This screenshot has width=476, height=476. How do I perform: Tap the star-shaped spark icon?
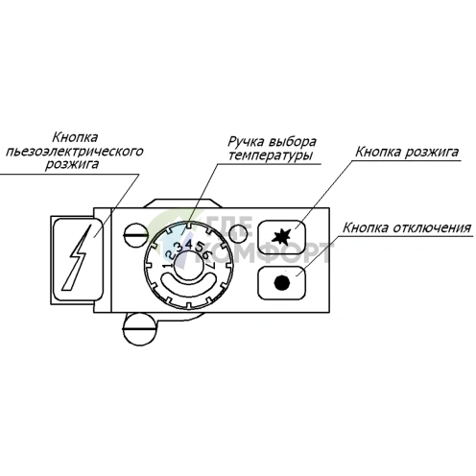click(281, 237)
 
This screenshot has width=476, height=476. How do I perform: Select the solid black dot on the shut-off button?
click(282, 283)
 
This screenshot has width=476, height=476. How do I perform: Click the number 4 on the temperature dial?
click(189, 245)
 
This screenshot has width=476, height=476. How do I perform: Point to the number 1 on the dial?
click(166, 266)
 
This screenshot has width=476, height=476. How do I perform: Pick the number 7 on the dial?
click(212, 265)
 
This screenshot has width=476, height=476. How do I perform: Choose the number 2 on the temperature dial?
click(170, 255)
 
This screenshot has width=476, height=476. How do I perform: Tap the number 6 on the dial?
click(207, 255)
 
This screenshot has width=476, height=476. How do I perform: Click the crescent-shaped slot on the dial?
click(188, 283)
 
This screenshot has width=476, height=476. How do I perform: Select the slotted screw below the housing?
click(139, 329)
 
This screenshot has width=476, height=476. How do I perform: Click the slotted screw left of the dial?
click(136, 235)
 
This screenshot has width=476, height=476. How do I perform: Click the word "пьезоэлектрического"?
click(75, 152)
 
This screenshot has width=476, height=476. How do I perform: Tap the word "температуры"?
click(271, 155)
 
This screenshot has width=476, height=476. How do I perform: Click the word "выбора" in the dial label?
click(293, 141)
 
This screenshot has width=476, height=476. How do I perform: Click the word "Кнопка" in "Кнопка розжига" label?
click(378, 152)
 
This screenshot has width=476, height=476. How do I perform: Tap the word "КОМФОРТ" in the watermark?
click(270, 253)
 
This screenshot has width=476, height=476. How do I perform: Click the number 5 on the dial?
click(200, 248)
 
